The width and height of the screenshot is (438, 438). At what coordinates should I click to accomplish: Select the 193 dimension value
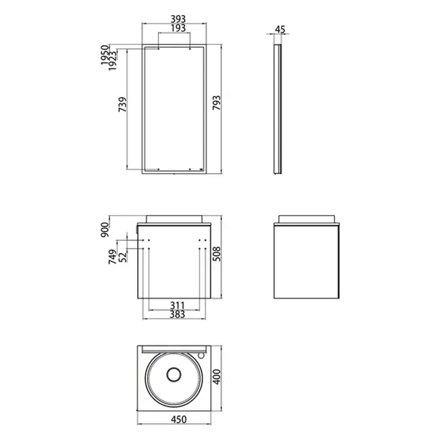(174, 29)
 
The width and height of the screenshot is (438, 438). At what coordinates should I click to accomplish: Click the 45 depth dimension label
(280, 29)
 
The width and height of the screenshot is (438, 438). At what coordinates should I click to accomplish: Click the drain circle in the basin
(173, 376)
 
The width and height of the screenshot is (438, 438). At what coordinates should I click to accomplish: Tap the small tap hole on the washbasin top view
(200, 355)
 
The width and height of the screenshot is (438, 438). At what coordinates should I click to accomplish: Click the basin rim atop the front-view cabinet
(175, 218)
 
